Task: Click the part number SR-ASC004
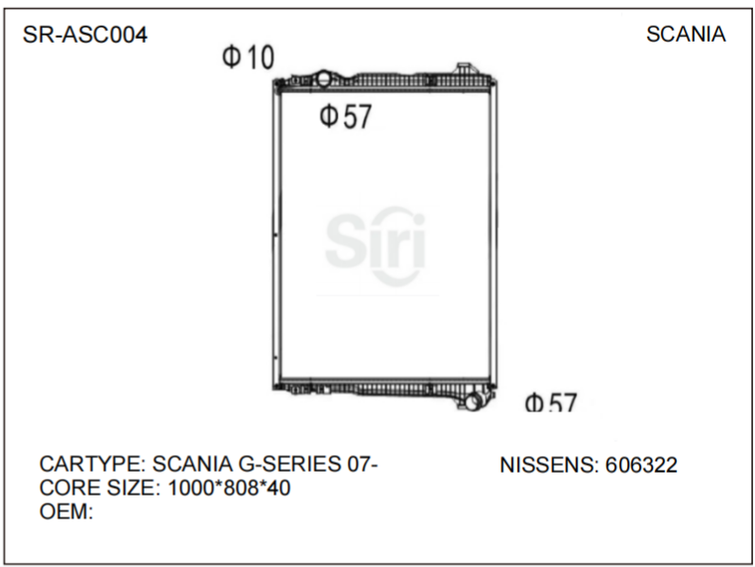pyautogui.click(x=85, y=35)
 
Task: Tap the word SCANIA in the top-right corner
pyautogui.click(x=686, y=35)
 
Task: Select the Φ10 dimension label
pyautogui.click(x=248, y=58)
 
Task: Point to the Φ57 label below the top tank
pyautogui.click(x=345, y=117)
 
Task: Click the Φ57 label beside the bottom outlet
pyautogui.click(x=551, y=403)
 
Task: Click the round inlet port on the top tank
pyautogui.click(x=324, y=78)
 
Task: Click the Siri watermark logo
pyautogui.click(x=376, y=244)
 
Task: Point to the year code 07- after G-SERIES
pyautogui.click(x=363, y=464)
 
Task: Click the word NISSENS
pyautogui.click(x=547, y=464)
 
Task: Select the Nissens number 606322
pyautogui.click(x=641, y=464)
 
